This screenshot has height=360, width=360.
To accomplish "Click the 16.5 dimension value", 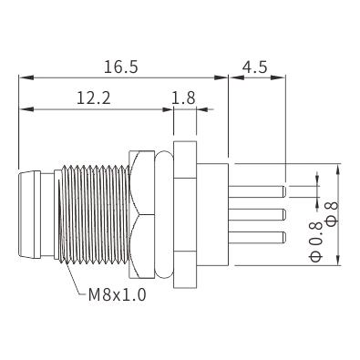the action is (121, 67).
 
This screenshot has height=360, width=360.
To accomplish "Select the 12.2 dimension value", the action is (94, 98).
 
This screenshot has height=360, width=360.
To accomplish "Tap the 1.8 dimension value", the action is (183, 98).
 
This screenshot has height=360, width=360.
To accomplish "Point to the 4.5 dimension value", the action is (254, 67).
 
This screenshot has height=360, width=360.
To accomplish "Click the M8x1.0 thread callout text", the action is (118, 294).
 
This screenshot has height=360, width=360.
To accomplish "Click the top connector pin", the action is (257, 191).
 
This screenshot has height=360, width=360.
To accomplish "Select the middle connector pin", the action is (257, 214).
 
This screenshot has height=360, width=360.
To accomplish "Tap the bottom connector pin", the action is (257, 237).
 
